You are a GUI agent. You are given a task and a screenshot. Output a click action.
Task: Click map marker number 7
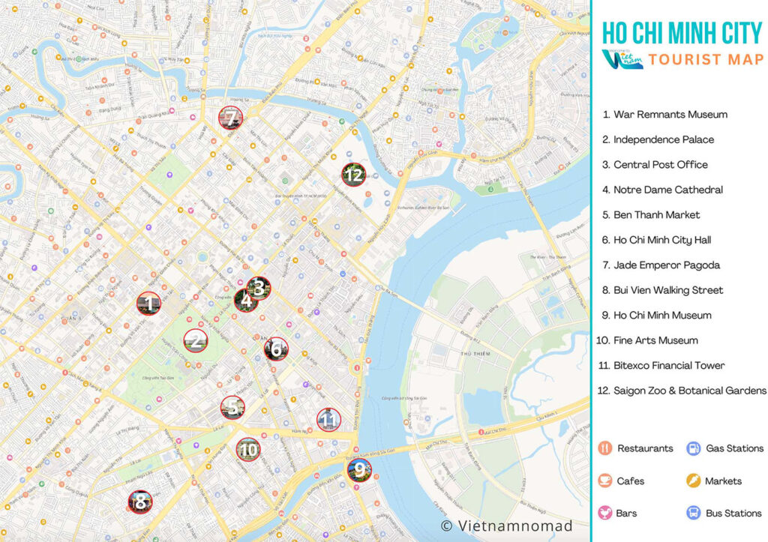(x=230, y=118)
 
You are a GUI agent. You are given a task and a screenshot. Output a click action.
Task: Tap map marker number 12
(x=353, y=175)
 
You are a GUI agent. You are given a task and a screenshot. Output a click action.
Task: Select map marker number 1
(x=148, y=304)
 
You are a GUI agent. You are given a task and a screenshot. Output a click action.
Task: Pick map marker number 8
(x=139, y=502)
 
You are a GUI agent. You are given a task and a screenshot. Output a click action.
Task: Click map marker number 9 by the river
(x=359, y=470)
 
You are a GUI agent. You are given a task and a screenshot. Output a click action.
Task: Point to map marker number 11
(x=328, y=420)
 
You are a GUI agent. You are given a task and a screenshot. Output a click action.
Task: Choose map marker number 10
(x=248, y=450)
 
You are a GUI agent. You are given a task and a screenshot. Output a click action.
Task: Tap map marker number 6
(x=276, y=349)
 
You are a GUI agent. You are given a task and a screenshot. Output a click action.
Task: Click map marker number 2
(x=196, y=341)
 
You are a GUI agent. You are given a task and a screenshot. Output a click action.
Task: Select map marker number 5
(x=232, y=407)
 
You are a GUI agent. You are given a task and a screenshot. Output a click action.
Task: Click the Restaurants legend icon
(x=605, y=448)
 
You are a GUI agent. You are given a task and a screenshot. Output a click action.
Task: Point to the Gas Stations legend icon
(x=694, y=448)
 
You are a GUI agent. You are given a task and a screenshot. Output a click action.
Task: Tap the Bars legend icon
(x=605, y=513)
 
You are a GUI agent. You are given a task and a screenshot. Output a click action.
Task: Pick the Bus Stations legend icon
(x=694, y=513)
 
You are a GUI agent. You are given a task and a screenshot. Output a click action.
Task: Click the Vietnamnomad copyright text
(x=506, y=526)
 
